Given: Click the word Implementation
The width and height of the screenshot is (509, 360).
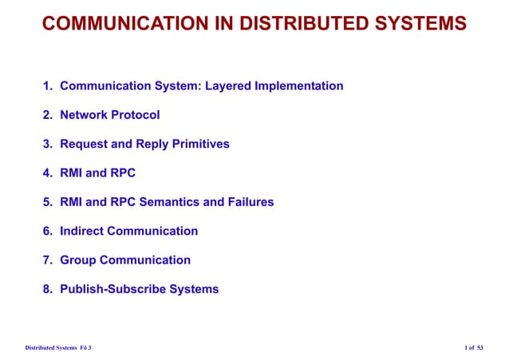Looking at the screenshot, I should (x=299, y=86).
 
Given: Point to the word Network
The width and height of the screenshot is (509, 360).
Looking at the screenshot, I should (x=85, y=115).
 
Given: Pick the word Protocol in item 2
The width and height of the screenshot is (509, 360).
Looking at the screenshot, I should (x=136, y=115).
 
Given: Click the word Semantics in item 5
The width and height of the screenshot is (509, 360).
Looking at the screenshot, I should (x=170, y=202).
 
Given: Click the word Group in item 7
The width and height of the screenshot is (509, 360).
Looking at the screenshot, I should (x=77, y=260).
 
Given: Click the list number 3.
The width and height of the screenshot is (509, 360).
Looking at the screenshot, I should (x=48, y=144).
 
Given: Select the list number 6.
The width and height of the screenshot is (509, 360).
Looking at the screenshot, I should (x=48, y=231).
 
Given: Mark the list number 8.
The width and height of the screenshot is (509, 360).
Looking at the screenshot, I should (x=48, y=289).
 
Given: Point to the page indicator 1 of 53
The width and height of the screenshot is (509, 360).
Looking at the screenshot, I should (x=474, y=348).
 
